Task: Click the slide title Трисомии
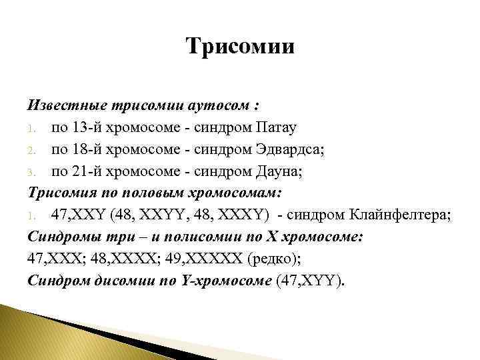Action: pos(240,47)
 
